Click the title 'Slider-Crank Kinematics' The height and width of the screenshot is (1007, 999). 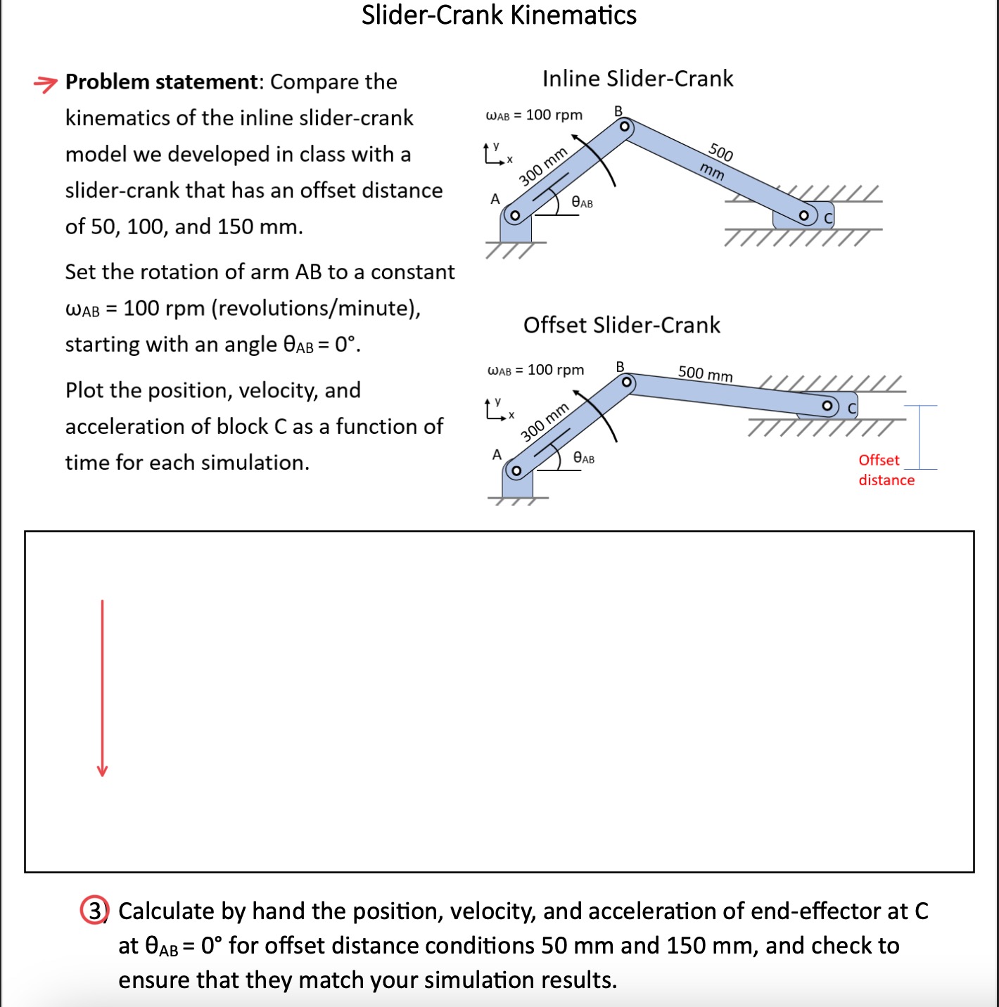[x=499, y=15]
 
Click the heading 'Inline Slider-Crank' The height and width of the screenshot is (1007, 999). [x=637, y=79]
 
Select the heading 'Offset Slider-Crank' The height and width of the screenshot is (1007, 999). [x=621, y=325]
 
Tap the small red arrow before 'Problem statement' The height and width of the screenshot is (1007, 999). [x=45, y=84]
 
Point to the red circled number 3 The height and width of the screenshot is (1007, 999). [x=94, y=911]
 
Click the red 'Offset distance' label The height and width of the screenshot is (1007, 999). [x=886, y=470]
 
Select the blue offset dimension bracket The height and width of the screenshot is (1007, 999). [x=920, y=437]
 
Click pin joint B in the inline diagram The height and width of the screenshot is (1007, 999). [x=623, y=127]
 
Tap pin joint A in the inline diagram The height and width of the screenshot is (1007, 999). [x=514, y=215]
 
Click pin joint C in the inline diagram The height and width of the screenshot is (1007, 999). [x=804, y=215]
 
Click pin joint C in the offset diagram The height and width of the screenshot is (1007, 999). [x=829, y=406]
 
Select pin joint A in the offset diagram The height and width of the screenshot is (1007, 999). [x=516, y=470]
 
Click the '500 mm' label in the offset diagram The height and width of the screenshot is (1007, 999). [x=705, y=373]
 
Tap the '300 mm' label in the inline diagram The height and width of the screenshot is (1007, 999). [x=543, y=167]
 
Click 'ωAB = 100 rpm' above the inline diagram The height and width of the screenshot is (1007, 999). [x=534, y=115]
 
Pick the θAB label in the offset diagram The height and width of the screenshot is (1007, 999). [x=583, y=458]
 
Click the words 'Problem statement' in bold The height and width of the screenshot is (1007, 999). [x=162, y=82]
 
